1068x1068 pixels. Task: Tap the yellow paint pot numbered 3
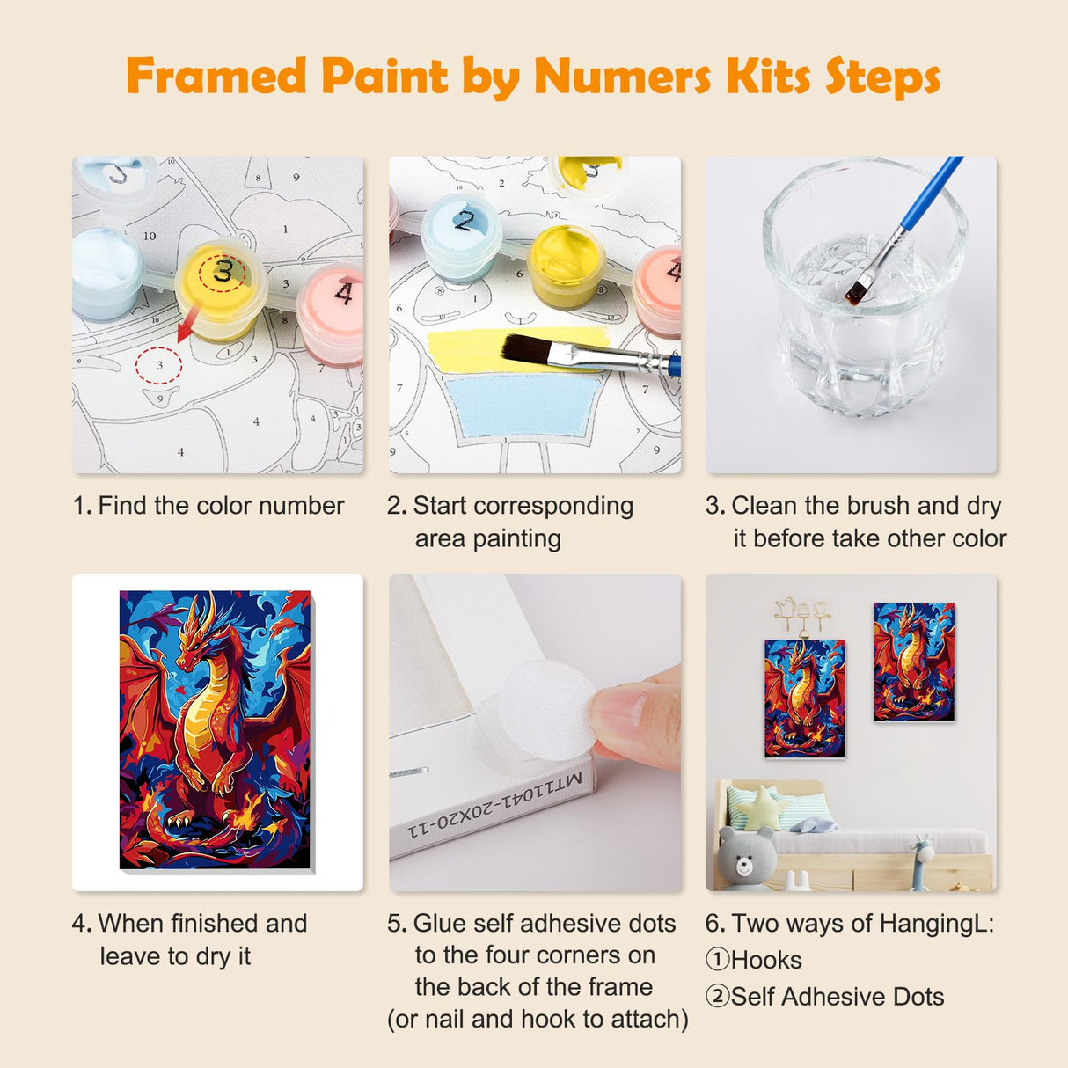point(221,286)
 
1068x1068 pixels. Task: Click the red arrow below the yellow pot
point(187,326)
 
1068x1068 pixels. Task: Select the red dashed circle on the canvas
point(158,364)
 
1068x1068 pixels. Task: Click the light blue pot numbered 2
point(461,233)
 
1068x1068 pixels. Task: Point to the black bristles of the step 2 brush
point(526,350)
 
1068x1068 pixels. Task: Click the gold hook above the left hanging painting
point(801,613)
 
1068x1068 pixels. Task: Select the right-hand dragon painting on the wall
point(914,662)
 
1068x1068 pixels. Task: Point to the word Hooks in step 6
point(766,960)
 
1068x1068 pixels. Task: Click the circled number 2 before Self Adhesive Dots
point(717,997)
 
